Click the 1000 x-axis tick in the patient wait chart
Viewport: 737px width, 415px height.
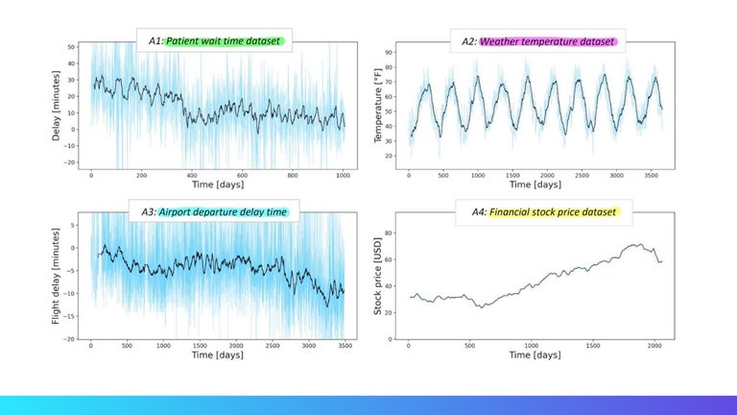pyautogui.click(x=343, y=176)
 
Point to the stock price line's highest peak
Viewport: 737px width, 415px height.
pyautogui.click(x=637, y=244)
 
